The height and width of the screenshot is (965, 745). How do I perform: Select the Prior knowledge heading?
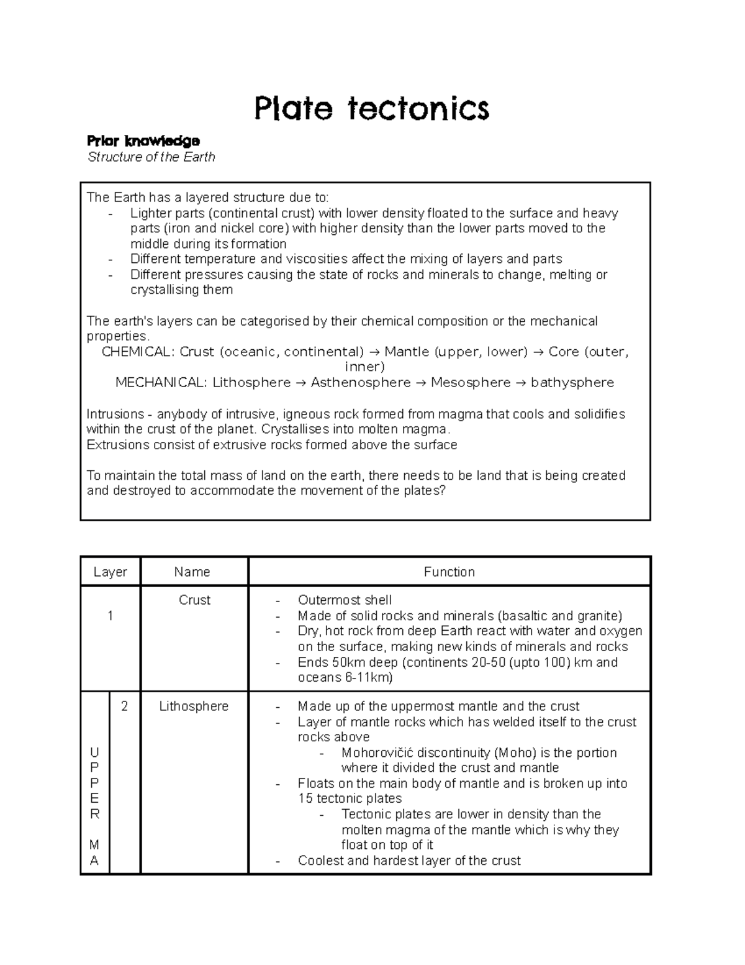coord(143,140)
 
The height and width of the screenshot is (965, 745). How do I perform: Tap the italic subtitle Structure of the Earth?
coord(151,157)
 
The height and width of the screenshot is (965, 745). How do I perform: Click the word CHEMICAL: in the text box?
coord(138,352)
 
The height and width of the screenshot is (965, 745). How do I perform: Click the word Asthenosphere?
coord(361,383)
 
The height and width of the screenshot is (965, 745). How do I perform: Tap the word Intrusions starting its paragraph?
coord(115,414)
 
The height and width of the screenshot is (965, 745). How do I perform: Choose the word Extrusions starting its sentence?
coord(118,445)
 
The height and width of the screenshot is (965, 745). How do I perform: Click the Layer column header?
coord(110,572)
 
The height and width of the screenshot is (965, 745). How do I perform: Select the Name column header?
coord(192,572)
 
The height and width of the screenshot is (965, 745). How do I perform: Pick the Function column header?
coord(449,572)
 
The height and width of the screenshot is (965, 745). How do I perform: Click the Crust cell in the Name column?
coord(194,600)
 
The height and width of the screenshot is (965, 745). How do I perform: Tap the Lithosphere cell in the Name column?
coord(194,707)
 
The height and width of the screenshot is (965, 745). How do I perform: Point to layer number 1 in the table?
coord(110,616)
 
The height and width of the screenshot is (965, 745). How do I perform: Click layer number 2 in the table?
coord(125,707)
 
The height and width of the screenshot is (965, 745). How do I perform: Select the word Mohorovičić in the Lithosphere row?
coord(379,753)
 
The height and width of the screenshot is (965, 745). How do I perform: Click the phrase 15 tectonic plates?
coord(350,799)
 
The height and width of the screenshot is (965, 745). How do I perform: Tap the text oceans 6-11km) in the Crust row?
coord(345,677)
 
